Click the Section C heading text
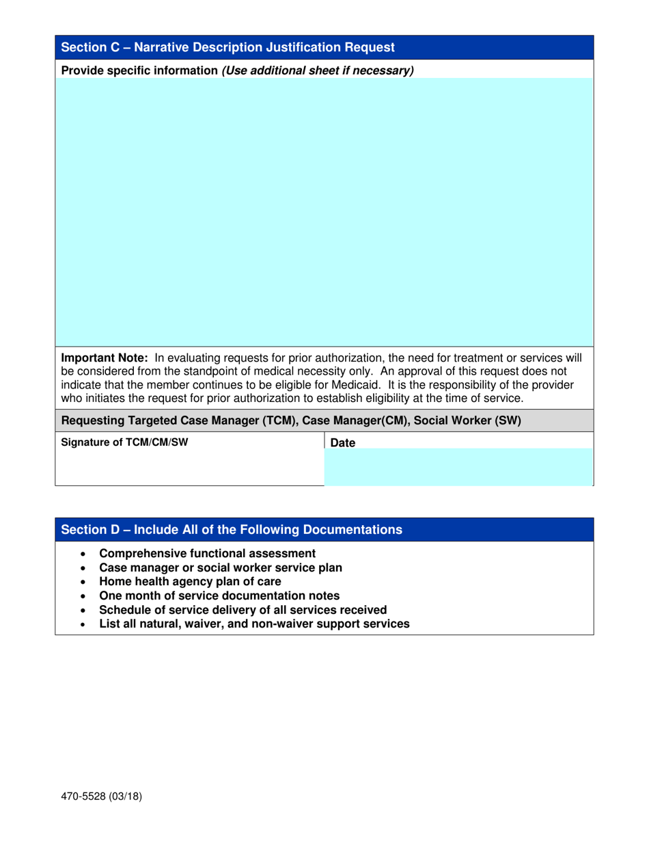(x=228, y=48)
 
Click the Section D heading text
(x=232, y=530)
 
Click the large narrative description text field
(x=324, y=212)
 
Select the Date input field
(x=458, y=466)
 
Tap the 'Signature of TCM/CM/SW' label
(x=124, y=442)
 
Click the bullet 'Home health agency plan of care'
(x=190, y=582)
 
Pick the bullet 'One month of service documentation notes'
(x=219, y=596)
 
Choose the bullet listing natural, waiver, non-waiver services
(x=254, y=624)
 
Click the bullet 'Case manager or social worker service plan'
(x=221, y=568)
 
